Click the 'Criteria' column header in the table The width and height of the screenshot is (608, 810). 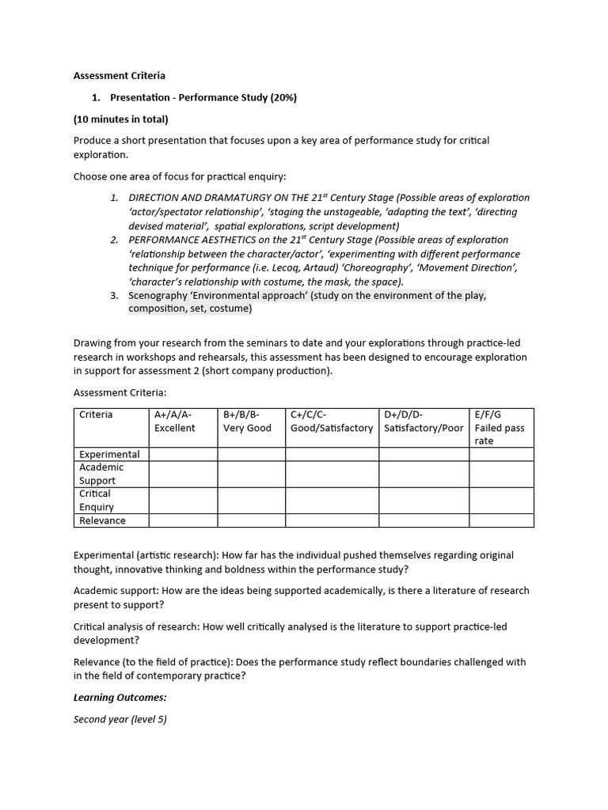coord(96,414)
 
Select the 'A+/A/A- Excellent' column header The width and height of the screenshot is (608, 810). coord(175,421)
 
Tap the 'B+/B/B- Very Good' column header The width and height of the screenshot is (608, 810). coord(247,421)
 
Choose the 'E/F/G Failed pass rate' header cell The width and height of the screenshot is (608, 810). coord(500,427)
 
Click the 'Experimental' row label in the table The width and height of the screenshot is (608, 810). coord(109,454)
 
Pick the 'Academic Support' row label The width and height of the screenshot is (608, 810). coord(101,474)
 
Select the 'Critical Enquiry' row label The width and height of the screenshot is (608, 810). coord(97,500)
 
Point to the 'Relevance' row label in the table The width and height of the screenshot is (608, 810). coord(102,520)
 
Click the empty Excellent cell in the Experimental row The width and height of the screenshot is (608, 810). coord(183,454)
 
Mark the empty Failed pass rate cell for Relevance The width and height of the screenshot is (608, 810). coord(501,520)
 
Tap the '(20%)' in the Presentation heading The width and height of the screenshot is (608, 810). coord(283,97)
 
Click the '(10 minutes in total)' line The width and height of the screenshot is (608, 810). coord(121,119)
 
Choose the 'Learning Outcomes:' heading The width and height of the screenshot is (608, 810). coord(120,698)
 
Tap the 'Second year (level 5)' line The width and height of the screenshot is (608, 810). coord(120,719)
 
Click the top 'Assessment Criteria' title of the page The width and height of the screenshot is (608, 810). coord(120,76)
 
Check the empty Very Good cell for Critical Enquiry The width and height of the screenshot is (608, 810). coord(251,500)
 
